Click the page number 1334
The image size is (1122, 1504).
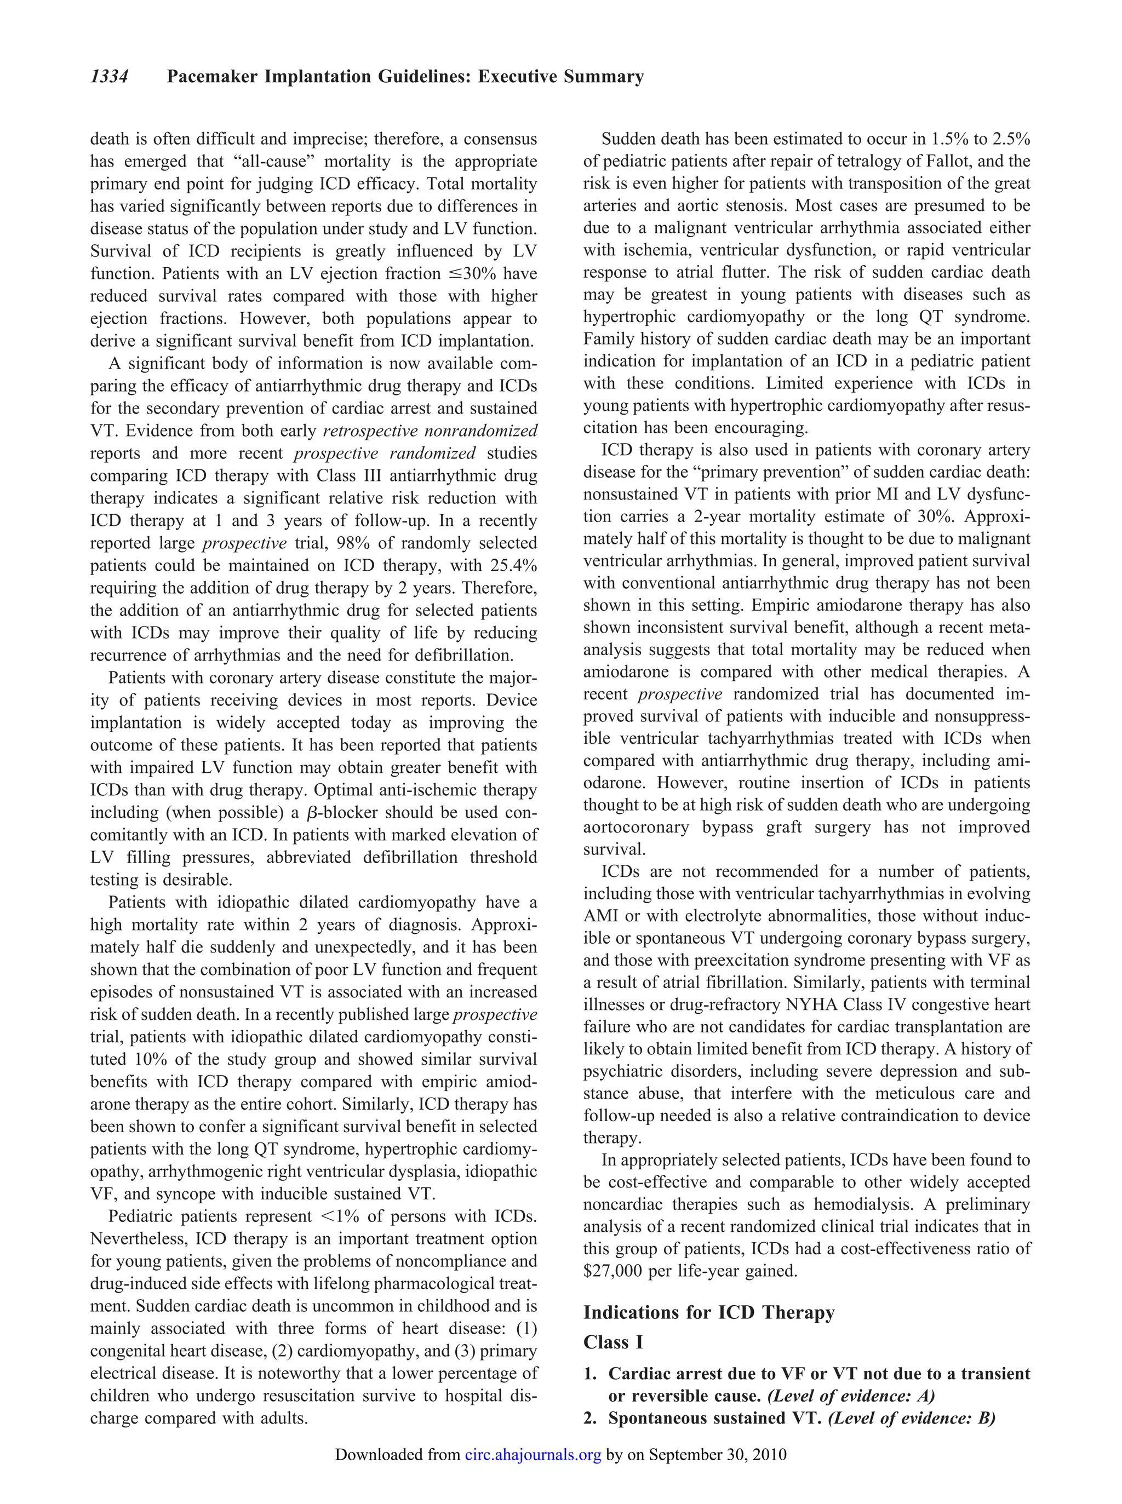pyautogui.click(x=110, y=77)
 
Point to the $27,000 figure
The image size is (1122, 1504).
pyautogui.click(x=613, y=1271)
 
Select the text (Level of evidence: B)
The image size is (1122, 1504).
pyautogui.click(x=912, y=1419)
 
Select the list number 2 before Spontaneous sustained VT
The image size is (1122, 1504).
pyautogui.click(x=589, y=1419)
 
